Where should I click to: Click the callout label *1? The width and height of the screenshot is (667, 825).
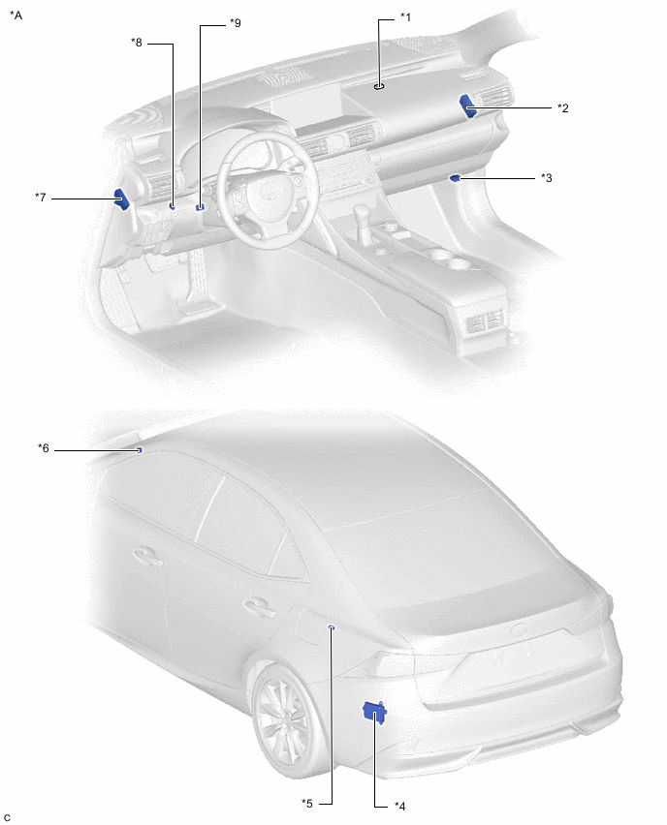point(405,17)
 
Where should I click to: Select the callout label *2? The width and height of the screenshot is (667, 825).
point(563,107)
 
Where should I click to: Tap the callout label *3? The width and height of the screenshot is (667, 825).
point(547,178)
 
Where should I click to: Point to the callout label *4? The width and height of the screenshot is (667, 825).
point(399,806)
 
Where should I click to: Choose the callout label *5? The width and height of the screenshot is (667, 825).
point(307,804)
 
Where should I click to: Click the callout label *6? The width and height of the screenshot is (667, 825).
point(44,447)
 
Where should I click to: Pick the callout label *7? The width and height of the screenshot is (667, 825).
point(41,198)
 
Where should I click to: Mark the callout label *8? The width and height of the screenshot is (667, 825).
point(137,42)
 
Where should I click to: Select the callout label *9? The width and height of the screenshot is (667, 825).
point(235,23)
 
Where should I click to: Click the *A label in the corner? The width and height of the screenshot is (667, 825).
point(16,15)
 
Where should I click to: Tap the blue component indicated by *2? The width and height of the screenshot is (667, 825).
point(468,106)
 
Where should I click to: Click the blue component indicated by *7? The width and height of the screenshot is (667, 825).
point(122,199)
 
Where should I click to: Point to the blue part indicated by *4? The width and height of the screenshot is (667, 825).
point(374,712)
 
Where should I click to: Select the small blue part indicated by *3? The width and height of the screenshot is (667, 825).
point(455,178)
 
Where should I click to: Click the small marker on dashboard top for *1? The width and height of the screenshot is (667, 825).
point(379,87)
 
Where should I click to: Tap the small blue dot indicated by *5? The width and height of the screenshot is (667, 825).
point(332,627)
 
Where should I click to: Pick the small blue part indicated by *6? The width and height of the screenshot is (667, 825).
point(139,450)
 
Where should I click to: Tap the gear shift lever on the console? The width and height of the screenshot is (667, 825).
point(362,218)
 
